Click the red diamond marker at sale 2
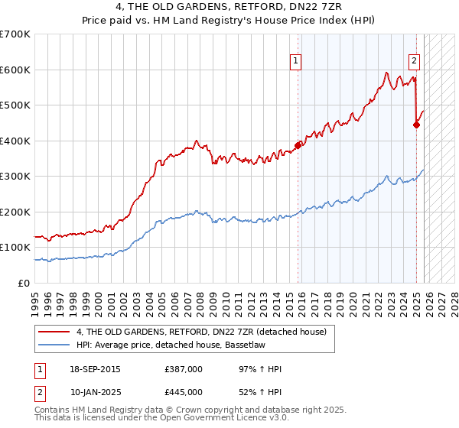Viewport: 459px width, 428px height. (x=416, y=125)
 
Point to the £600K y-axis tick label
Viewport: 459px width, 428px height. (x=15, y=70)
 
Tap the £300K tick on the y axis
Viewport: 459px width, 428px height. (x=15, y=177)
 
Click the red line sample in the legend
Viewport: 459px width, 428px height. (x=54, y=332)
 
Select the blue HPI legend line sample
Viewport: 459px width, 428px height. (x=54, y=345)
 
